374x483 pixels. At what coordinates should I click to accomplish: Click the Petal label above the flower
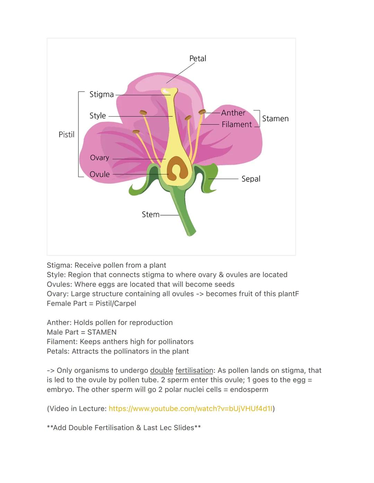pyautogui.click(x=198, y=59)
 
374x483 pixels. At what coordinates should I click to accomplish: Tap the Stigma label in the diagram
pyautogui.click(x=101, y=94)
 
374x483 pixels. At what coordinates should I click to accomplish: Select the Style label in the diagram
pyautogui.click(x=98, y=116)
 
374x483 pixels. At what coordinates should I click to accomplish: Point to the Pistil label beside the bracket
pyautogui.click(x=66, y=134)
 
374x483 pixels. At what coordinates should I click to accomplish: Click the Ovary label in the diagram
pyautogui.click(x=99, y=158)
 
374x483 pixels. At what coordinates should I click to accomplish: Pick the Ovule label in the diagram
pyautogui.click(x=99, y=175)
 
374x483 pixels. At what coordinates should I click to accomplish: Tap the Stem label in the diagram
pyautogui.click(x=151, y=215)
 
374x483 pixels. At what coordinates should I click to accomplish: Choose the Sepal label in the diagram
pyautogui.click(x=251, y=179)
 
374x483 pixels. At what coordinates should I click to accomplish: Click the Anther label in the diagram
pyautogui.click(x=233, y=113)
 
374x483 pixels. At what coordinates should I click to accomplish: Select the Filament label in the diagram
pyautogui.click(x=237, y=124)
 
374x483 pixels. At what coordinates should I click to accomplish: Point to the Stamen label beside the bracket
pyautogui.click(x=275, y=119)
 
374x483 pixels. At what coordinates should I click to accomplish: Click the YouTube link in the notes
pyautogui.click(x=190, y=409)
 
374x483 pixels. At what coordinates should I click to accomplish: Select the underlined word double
pyautogui.click(x=161, y=371)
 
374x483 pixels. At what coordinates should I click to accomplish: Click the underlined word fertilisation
pyautogui.click(x=194, y=371)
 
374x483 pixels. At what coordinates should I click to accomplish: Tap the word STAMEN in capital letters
pyautogui.click(x=102, y=332)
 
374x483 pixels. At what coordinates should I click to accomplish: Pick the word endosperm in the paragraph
pyautogui.click(x=249, y=390)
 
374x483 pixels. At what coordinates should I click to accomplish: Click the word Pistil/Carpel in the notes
pyautogui.click(x=116, y=304)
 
